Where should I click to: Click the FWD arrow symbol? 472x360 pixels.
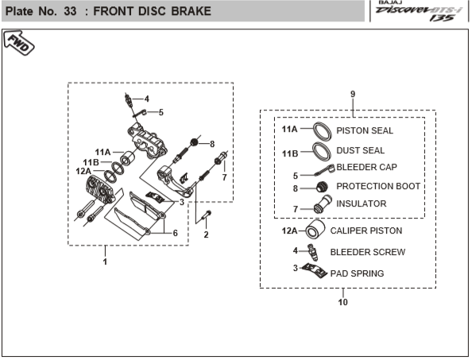pos(18,43)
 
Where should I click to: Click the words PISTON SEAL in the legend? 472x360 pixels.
pos(365,130)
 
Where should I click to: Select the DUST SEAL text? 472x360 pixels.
pos(360,150)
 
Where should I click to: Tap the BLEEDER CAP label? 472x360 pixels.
pos(366,167)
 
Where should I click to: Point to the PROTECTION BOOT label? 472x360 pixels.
pos(378,186)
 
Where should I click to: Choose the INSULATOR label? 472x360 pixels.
pos(362,203)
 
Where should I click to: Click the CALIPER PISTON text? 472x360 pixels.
pos(366,230)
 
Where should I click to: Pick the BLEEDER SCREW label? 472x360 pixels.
pos(368,252)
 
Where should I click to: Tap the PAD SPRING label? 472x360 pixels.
pos(357,273)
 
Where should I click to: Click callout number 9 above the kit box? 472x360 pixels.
pos(353,95)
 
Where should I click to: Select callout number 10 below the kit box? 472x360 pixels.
pos(342,302)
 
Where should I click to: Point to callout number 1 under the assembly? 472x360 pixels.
pos(105,261)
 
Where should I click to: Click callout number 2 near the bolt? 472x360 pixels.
pos(206,234)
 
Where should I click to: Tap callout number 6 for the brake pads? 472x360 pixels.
pos(175,233)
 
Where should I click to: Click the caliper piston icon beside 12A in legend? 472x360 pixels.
pos(315,230)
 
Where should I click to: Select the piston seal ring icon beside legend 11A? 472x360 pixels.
pos(323,131)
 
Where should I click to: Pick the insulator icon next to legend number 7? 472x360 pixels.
pos(323,204)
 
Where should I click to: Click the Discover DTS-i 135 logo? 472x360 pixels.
pos(419,11)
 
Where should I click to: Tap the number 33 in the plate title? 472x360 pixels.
pos(70,11)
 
